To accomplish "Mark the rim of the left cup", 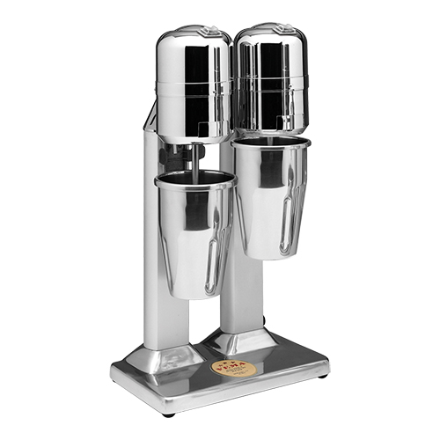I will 195,179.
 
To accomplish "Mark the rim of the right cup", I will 272,141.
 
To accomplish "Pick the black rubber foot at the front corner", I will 168,410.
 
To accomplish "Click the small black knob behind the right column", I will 262,320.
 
